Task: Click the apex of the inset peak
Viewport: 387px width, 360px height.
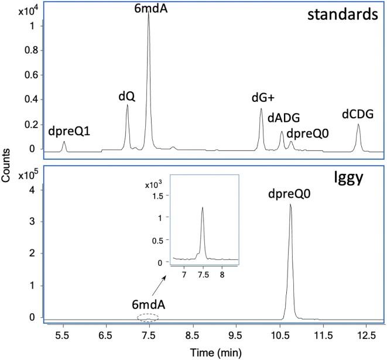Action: tap(203, 207)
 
